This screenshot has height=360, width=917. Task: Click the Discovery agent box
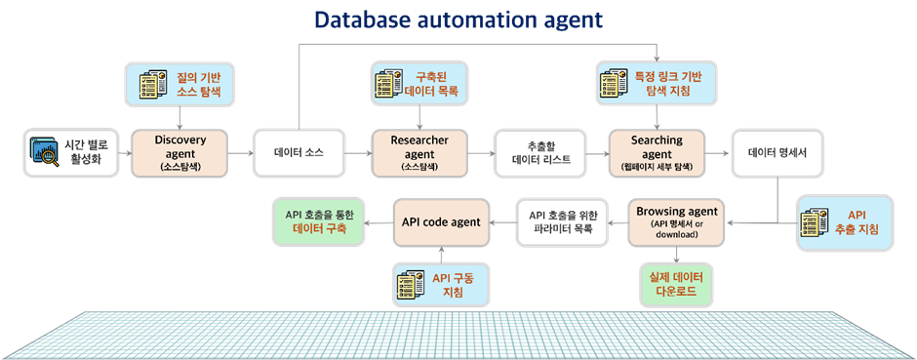(x=179, y=153)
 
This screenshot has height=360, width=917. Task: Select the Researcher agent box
(x=419, y=153)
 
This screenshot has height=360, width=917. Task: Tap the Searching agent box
(x=657, y=153)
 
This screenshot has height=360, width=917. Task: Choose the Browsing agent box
(x=677, y=222)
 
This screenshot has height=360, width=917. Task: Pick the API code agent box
(x=441, y=222)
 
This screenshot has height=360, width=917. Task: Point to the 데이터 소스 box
(x=299, y=153)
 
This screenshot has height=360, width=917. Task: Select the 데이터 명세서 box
(x=777, y=153)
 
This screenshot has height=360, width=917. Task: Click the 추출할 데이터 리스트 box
(x=539, y=153)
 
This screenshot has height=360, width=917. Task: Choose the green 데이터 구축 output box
(x=319, y=221)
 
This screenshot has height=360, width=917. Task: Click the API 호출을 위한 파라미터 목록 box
(x=562, y=222)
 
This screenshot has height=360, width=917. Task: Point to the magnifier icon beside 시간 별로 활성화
(x=46, y=152)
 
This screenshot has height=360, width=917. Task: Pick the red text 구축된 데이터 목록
(x=433, y=84)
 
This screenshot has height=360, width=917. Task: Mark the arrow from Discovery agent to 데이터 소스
(x=240, y=153)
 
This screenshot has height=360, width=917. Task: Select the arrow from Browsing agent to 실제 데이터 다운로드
(x=677, y=255)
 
